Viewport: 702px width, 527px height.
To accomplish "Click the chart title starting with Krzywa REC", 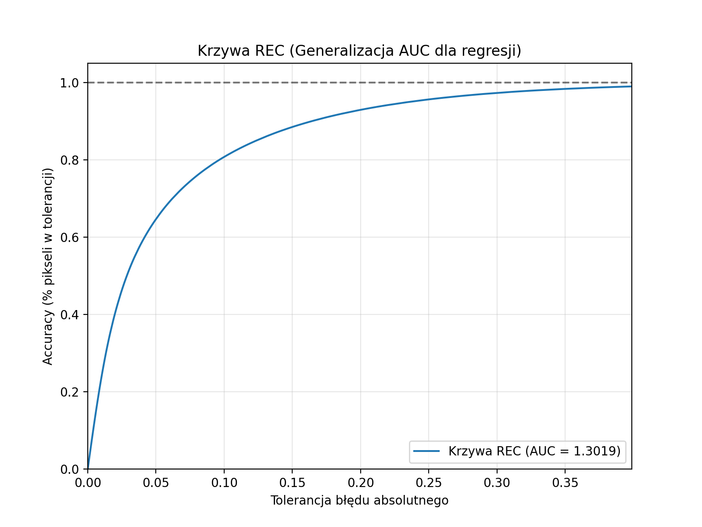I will click(359, 51).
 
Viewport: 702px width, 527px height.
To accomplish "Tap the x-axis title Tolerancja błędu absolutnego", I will click(359, 500).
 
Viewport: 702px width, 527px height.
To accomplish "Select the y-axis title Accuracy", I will click(48, 266).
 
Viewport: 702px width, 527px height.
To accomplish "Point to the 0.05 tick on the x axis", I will click(156, 483).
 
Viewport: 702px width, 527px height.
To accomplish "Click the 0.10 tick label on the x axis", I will click(224, 483).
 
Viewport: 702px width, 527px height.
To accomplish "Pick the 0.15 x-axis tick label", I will click(292, 483).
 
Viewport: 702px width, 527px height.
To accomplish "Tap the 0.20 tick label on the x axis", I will click(360, 483).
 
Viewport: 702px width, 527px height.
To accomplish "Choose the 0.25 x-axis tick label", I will click(429, 483).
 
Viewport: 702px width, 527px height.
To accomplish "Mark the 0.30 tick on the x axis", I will click(497, 483).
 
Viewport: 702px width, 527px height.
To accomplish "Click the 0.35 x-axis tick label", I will click(565, 483).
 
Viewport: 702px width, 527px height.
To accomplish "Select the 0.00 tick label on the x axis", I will click(88, 483).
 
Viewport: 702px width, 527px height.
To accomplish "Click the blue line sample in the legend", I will click(426, 451).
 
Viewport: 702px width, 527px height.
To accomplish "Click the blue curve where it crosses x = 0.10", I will click(224, 157).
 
